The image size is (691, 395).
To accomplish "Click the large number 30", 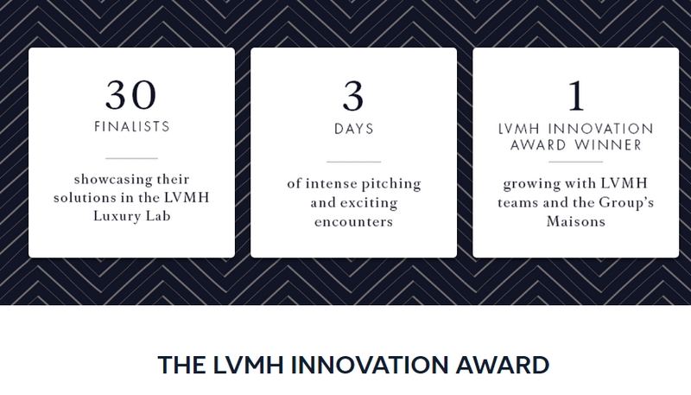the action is pyautogui.click(x=131, y=95).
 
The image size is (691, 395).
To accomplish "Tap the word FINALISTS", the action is pyautogui.click(x=132, y=127).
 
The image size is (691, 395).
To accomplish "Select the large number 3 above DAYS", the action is pyautogui.click(x=353, y=96).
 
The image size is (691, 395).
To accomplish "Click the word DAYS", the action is pyautogui.click(x=354, y=129).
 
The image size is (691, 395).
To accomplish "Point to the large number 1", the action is pyautogui.click(x=576, y=96).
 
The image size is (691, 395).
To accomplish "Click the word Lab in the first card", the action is pyautogui.click(x=159, y=216).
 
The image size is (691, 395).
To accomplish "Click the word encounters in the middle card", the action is pyautogui.click(x=353, y=221).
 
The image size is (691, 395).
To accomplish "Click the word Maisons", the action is pyautogui.click(x=576, y=221).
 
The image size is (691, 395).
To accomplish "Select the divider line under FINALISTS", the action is pyautogui.click(x=132, y=158).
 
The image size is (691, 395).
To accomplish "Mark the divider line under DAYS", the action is pyautogui.click(x=353, y=162).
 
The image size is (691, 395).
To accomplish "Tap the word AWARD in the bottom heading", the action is pyautogui.click(x=503, y=365).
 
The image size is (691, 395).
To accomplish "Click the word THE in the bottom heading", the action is pyautogui.click(x=181, y=365).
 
